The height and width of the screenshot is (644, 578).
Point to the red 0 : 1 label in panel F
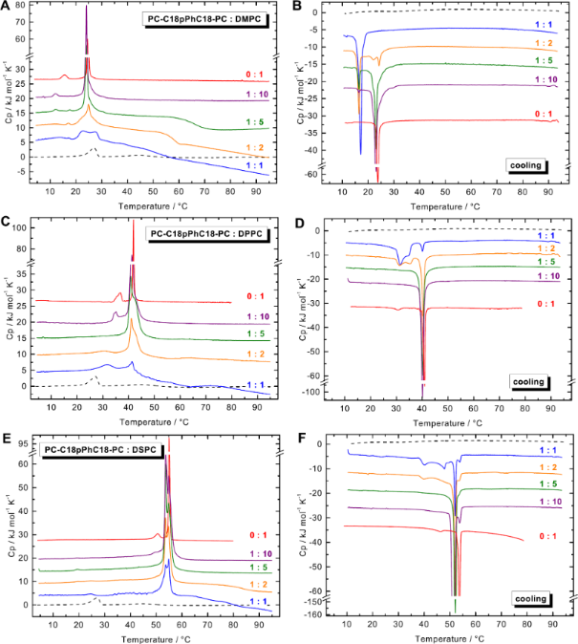pos(546,536)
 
